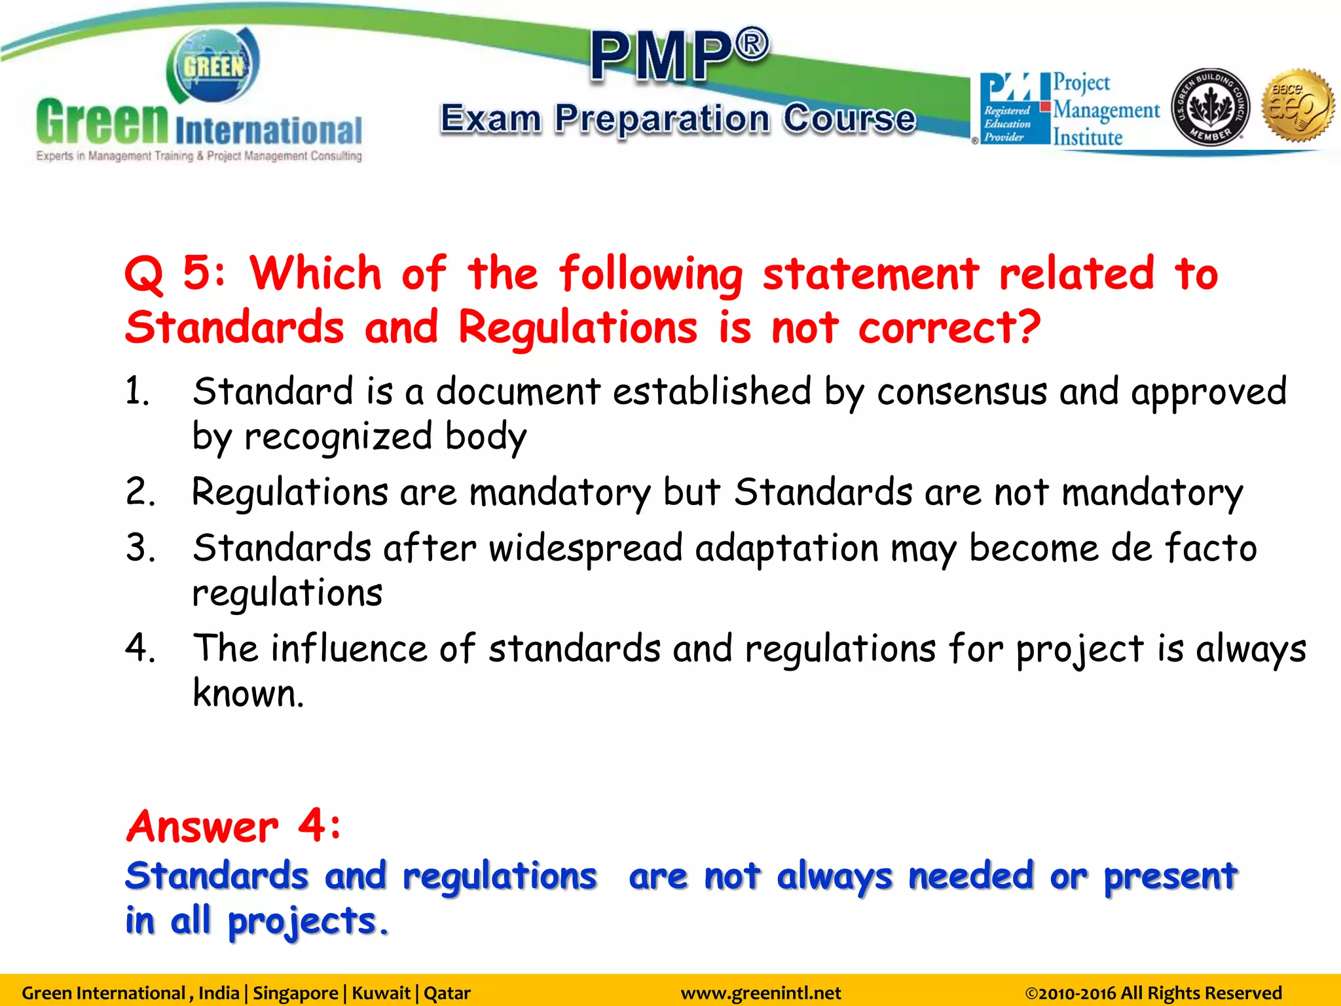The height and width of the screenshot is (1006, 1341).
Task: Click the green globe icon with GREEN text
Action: click(x=213, y=65)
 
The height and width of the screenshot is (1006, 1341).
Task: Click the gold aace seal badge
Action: click(x=1298, y=105)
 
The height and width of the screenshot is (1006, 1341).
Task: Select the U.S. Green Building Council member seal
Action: click(x=1210, y=107)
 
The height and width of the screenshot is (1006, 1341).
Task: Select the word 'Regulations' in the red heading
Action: click(x=578, y=327)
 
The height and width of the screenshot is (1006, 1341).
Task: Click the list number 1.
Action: click(x=138, y=392)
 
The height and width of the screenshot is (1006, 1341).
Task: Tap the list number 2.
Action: click(x=140, y=492)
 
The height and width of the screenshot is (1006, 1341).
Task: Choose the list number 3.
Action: click(x=140, y=548)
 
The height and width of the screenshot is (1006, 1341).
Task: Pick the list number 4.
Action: click(x=140, y=648)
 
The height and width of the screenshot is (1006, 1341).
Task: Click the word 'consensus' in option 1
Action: click(x=962, y=392)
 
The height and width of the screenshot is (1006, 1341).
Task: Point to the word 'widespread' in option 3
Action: click(x=585, y=548)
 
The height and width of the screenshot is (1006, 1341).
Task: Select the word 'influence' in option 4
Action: click(x=349, y=648)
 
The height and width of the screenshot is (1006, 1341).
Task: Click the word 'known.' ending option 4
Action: click(x=248, y=693)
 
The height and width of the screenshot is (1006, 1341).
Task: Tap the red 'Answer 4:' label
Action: click(x=234, y=826)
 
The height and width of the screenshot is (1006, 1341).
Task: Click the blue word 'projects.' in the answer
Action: click(x=308, y=921)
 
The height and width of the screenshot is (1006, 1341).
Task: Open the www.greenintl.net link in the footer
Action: click(x=761, y=993)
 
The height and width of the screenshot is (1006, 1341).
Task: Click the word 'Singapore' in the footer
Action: click(x=295, y=993)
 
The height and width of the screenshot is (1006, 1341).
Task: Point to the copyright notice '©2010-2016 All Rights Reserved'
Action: click(x=1153, y=993)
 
